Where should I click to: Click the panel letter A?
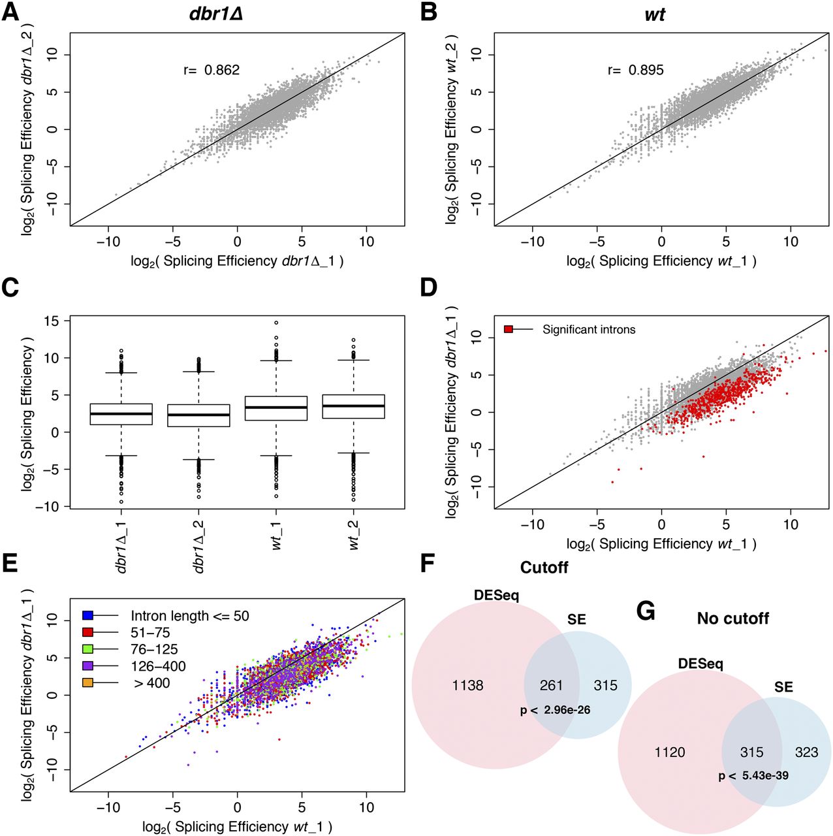(x=10, y=12)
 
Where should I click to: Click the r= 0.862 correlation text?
(x=212, y=70)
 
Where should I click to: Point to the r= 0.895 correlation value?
(x=635, y=70)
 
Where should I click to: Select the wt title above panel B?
(x=654, y=14)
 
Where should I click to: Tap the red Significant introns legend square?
(x=509, y=329)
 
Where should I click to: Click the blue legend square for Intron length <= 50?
(x=87, y=616)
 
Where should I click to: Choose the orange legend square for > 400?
(x=87, y=683)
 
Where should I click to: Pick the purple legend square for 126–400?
(x=87, y=666)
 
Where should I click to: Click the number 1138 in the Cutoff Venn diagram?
(x=468, y=685)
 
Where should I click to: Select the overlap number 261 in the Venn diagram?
(x=551, y=685)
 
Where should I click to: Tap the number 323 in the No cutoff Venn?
(x=806, y=752)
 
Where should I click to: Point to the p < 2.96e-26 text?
(x=555, y=709)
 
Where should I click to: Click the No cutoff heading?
(x=732, y=618)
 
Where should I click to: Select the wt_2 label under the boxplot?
(x=354, y=536)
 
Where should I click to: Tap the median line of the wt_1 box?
(x=276, y=408)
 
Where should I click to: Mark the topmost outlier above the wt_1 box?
(x=276, y=323)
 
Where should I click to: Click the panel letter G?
(x=646, y=612)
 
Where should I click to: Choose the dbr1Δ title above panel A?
(x=215, y=14)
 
